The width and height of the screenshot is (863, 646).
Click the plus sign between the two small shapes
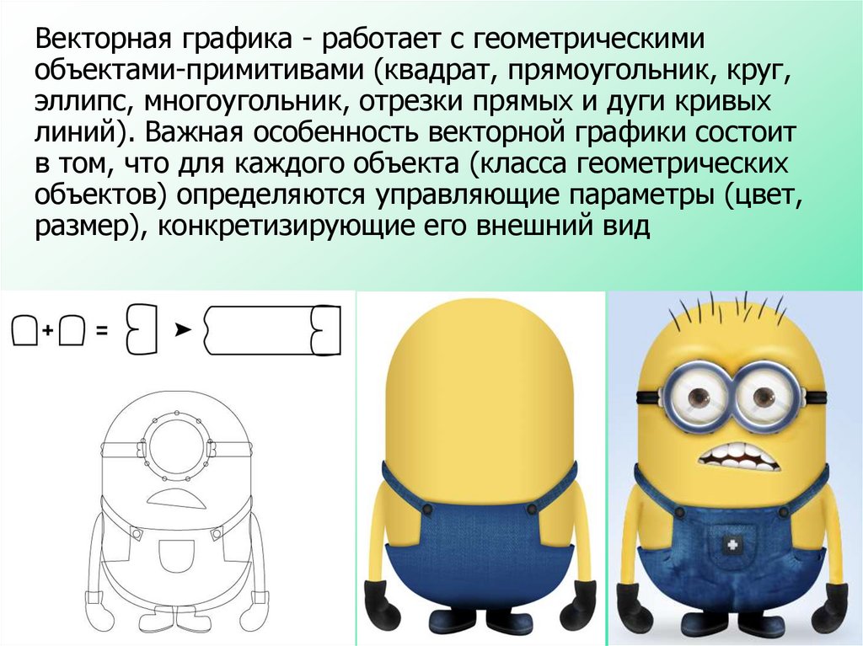coord(48,330)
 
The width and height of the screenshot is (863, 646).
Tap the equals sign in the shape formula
coord(102,331)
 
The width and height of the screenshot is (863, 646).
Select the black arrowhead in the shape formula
coord(182,330)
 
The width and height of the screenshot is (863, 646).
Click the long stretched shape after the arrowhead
coord(272,330)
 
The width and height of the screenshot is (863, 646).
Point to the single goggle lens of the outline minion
coord(175,446)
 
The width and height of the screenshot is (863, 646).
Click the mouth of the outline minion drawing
coord(177,499)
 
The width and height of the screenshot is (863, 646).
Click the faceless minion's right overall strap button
coord(532,509)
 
